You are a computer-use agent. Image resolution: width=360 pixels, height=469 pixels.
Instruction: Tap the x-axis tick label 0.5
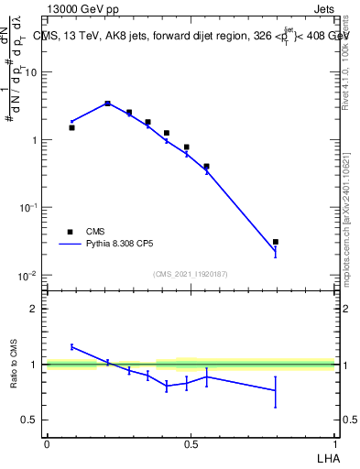pos(190,442)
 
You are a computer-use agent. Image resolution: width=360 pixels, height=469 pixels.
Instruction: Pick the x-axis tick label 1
pos(334,442)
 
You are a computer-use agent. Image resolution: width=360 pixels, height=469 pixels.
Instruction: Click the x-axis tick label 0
pos(47,442)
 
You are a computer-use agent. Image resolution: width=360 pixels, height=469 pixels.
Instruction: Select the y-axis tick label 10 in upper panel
pos(32,71)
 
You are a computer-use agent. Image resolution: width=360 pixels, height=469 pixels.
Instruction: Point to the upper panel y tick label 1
pos(35,140)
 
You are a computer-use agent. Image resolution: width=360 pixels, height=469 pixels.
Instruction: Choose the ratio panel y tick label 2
pos(35,309)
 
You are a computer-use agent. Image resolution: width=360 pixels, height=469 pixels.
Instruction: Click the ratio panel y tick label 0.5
pos(30,420)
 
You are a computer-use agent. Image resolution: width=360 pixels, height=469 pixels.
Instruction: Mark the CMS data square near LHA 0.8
pos(276,242)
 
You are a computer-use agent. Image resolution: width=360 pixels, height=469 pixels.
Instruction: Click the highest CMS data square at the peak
pos(107,104)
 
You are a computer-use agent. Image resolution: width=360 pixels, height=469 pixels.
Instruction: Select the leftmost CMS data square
pos(71,127)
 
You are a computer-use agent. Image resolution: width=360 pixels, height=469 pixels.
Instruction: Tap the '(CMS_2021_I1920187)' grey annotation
pos(190,274)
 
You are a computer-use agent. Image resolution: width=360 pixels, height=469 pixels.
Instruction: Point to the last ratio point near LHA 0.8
pos(276,390)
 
